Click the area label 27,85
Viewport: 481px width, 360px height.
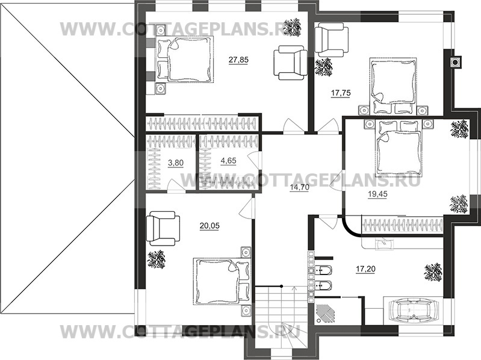[238, 60]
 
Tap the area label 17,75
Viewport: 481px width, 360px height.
[341, 93]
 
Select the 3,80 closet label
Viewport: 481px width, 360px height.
[175, 163]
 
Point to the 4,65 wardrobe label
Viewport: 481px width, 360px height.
[229, 161]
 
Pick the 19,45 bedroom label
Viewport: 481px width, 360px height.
[377, 194]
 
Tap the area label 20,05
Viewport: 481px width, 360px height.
[209, 226]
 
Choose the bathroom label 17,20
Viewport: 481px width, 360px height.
[365, 269]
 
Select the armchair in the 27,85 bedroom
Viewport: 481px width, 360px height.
[290, 63]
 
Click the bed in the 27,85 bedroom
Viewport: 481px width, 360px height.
[185, 59]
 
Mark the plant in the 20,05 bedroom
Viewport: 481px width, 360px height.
[156, 259]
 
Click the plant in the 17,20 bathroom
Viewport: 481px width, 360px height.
[433, 272]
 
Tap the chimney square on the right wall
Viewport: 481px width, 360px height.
[455, 62]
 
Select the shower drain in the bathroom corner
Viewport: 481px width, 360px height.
[319, 320]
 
